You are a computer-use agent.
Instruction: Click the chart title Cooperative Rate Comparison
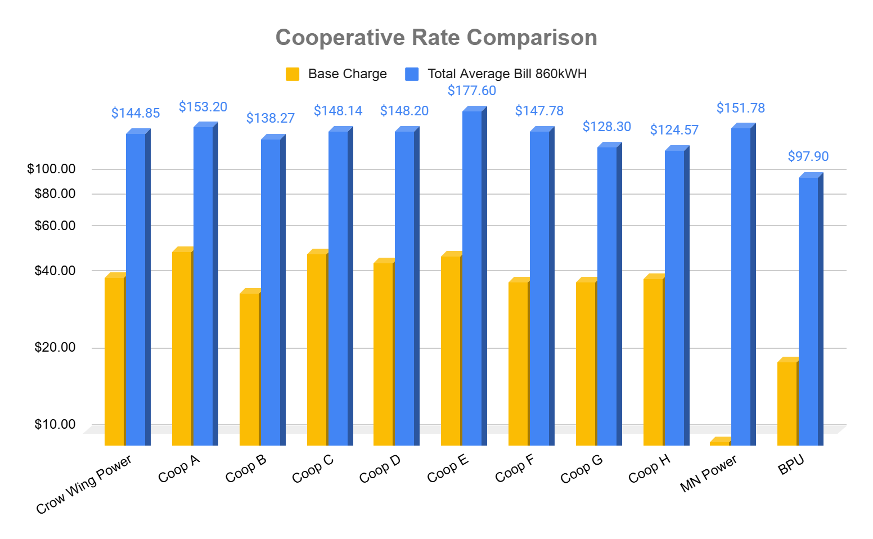point(436,38)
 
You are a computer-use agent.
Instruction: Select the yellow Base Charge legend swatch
point(292,74)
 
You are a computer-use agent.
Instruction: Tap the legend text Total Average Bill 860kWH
point(507,74)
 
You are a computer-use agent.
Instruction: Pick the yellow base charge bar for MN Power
point(719,443)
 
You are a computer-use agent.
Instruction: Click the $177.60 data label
point(472,91)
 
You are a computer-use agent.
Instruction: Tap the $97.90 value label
point(808,156)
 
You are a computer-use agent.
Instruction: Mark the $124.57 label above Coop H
point(674,130)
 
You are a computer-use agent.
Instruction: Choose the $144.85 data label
point(136,113)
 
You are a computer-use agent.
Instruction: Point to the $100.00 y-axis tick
point(51,169)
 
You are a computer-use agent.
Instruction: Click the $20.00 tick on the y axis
point(55,347)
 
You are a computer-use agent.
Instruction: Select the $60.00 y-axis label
point(55,226)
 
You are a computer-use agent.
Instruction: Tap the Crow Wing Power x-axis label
point(84,484)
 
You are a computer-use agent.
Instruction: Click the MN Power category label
point(709,473)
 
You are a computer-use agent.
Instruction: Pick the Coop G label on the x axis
point(582,468)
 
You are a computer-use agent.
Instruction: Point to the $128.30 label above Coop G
point(606,127)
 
